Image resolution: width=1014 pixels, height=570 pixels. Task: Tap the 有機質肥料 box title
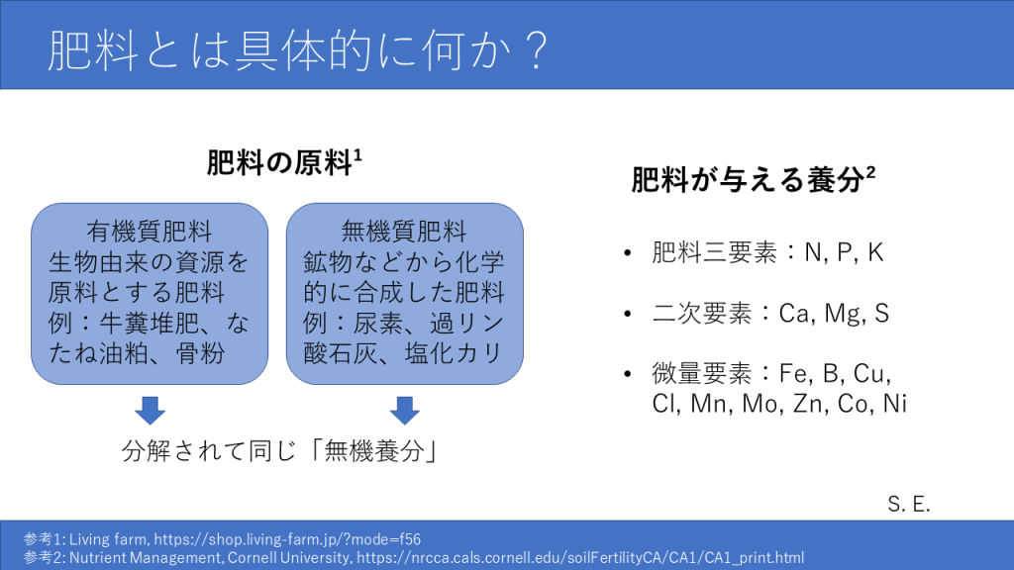point(150,231)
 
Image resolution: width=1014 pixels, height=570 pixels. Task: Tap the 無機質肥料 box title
point(404,231)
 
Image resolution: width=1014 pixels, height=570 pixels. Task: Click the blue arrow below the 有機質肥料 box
point(151,411)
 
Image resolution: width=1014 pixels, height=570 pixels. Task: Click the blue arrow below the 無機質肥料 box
point(405,411)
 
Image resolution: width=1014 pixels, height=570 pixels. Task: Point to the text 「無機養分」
point(374,450)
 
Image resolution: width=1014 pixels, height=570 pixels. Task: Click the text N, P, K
point(844,252)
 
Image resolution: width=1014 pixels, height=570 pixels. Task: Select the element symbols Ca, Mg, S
point(834,314)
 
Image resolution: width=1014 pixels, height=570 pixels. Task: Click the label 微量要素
point(702,373)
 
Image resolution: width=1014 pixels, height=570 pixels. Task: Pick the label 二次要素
point(702,314)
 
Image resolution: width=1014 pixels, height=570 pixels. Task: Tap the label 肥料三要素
point(715,252)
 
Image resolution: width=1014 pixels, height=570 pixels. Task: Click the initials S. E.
point(909,504)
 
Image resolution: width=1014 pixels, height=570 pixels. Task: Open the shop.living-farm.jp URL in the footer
point(287,539)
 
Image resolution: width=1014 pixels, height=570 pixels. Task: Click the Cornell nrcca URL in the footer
point(580,558)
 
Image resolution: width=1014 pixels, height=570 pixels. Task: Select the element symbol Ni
point(895,404)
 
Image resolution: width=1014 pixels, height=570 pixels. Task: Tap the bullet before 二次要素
point(627,314)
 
